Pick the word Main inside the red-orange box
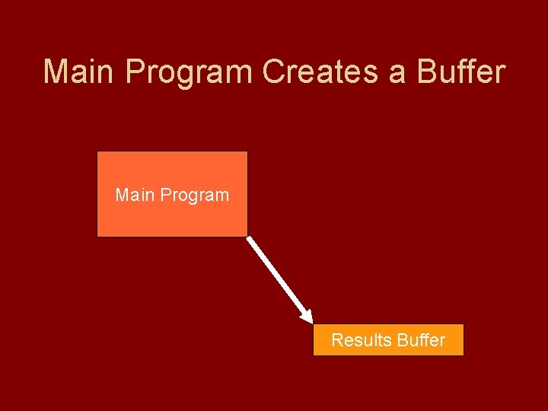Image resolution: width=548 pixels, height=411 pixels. click(x=132, y=195)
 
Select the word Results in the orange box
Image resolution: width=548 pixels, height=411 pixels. click(x=360, y=340)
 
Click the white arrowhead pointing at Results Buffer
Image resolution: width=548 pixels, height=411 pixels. click(x=306, y=314)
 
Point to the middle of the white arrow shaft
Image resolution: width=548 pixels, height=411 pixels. click(x=278, y=277)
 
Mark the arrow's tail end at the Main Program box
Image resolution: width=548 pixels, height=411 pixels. click(x=249, y=238)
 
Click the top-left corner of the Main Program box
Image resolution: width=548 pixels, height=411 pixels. click(x=97, y=152)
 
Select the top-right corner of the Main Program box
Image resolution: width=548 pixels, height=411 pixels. click(x=247, y=152)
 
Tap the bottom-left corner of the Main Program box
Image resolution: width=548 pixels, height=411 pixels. click(x=97, y=236)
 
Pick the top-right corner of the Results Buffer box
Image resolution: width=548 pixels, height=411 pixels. click(x=463, y=325)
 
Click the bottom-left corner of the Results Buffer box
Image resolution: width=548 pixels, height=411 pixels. click(x=314, y=355)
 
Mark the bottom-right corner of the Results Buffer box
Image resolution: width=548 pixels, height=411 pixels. click(x=463, y=355)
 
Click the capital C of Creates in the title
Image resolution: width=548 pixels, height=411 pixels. click(x=273, y=72)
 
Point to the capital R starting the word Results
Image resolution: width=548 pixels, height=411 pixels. click(x=337, y=340)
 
